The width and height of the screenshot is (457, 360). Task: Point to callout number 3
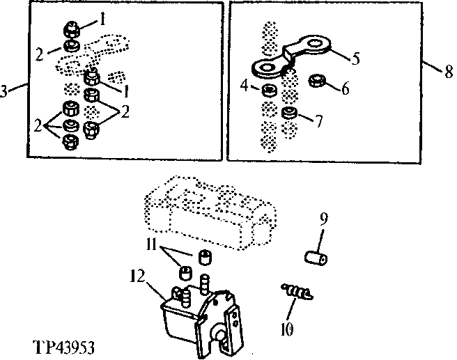tap(6, 91)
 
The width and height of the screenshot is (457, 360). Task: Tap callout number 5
tap(355, 59)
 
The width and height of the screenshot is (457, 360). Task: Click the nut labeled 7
tap(290, 114)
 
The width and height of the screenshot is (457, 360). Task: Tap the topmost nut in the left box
tap(70, 30)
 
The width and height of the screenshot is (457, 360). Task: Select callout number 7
tap(318, 121)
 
